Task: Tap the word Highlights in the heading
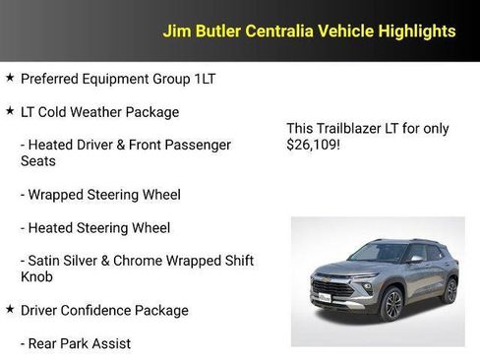tap(414, 31)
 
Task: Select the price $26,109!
tap(315, 145)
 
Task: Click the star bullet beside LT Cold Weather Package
tap(10, 111)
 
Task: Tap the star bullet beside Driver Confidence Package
tap(10, 309)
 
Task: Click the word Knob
tap(38, 277)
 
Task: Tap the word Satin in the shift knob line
tap(46, 261)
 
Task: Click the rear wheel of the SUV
tap(450, 288)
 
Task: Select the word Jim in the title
tap(176, 31)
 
